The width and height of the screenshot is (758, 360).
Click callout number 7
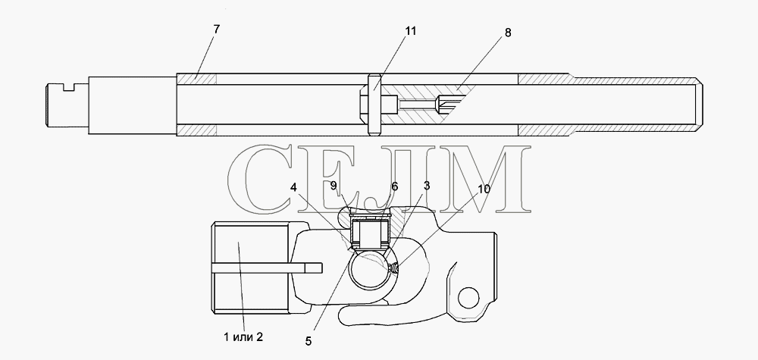tap(216, 29)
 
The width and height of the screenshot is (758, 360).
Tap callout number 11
tap(410, 31)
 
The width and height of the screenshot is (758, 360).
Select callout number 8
tap(508, 33)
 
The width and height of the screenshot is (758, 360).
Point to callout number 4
tap(293, 187)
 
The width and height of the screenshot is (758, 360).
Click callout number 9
tap(334, 185)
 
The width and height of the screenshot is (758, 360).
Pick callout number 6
tap(394, 186)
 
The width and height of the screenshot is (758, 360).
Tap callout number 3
tap(426, 186)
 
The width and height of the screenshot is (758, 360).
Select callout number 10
tap(484, 189)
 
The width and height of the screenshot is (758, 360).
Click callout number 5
tap(309, 341)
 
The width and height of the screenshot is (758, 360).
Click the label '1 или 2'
tap(243, 337)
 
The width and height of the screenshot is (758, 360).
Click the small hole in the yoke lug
tap(468, 298)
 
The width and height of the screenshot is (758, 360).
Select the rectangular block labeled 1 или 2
tap(252, 268)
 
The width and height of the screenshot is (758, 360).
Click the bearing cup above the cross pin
tap(369, 233)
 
